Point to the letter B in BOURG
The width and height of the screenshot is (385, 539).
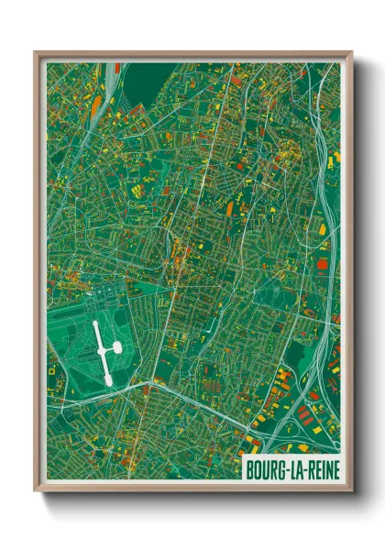tap(250, 470)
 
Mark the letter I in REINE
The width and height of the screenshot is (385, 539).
tap(319, 470)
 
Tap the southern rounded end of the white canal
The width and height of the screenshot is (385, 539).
tap(107, 378)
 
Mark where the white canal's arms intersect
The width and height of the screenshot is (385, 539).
tap(104, 349)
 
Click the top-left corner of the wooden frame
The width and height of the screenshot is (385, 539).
tap(37, 52)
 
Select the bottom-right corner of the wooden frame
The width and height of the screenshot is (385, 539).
tap(351, 490)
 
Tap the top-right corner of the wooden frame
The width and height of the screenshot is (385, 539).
tap(351, 52)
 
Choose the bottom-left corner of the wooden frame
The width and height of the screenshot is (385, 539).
tap(37, 490)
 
